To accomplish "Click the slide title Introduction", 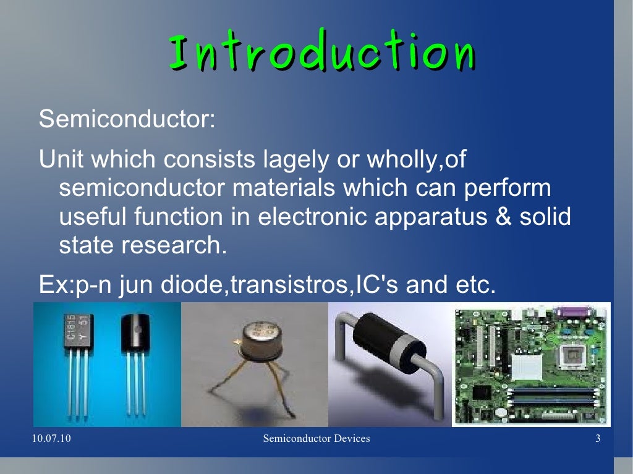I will pyautogui.click(x=321, y=53).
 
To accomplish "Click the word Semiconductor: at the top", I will pyautogui.click(x=127, y=119).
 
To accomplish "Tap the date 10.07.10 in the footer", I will pyautogui.click(x=49, y=439).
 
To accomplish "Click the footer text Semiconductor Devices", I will pyautogui.click(x=316, y=439).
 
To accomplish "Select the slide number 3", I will pyautogui.click(x=598, y=439).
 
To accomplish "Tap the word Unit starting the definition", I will pyautogui.click(x=59, y=159).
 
